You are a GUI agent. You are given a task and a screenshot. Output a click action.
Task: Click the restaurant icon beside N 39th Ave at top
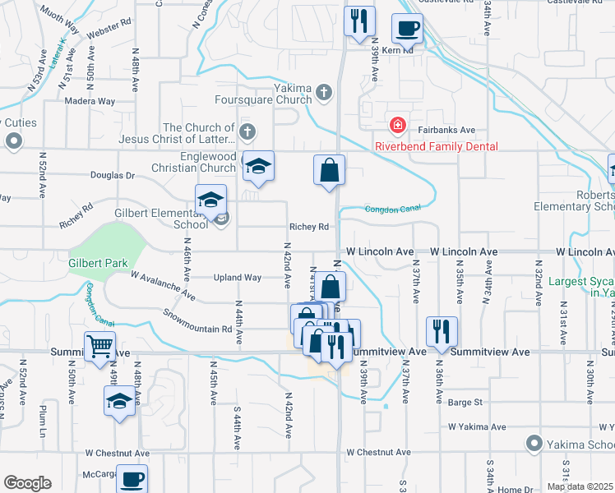(359, 22)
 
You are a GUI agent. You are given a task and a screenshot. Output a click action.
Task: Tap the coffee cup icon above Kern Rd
(407, 30)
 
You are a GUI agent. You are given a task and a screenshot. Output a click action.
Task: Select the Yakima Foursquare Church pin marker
(325, 92)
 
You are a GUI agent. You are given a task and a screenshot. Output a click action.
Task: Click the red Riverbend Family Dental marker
(396, 125)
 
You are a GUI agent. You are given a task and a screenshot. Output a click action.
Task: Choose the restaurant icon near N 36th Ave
(442, 331)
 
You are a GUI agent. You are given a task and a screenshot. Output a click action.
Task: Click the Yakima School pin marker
(534, 445)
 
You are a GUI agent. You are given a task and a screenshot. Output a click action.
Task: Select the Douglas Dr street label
(112, 175)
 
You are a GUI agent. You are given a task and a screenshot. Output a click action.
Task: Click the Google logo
(27, 483)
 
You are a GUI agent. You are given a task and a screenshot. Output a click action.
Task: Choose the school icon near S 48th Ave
(120, 402)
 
